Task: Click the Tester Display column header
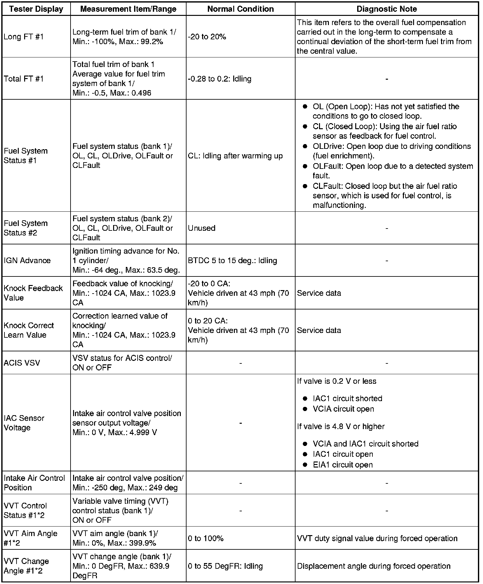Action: point(36,9)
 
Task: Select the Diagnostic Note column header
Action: point(386,9)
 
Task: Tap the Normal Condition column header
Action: point(241,9)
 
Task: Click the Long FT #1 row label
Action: point(23,36)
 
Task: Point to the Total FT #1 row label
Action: point(23,79)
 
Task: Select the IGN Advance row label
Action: point(27,260)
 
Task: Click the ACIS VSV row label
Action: point(22,362)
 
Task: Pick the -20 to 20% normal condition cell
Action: point(207,36)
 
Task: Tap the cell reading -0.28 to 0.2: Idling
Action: point(220,79)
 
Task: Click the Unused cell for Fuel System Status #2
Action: point(201,228)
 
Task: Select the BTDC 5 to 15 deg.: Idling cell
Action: point(232,260)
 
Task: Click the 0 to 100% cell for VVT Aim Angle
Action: point(206,538)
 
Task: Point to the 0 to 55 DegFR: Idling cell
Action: point(225,566)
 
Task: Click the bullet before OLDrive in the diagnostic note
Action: point(305,146)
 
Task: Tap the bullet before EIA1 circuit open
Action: point(305,465)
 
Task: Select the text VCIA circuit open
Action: point(343,409)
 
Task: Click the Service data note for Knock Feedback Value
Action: point(319,293)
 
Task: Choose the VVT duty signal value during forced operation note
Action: point(377,538)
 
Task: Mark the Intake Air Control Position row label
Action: point(34,482)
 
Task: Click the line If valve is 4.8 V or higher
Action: point(341,426)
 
